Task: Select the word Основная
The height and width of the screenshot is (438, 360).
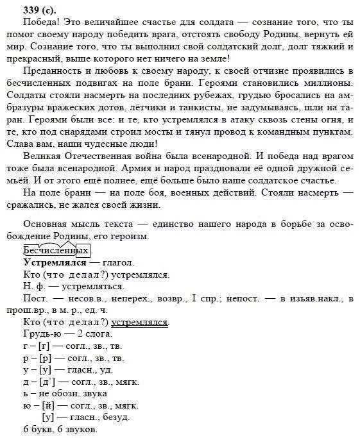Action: tap(44, 224)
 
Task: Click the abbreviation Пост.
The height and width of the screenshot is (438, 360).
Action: tap(34, 298)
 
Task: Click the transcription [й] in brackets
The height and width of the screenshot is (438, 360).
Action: tap(49, 405)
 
